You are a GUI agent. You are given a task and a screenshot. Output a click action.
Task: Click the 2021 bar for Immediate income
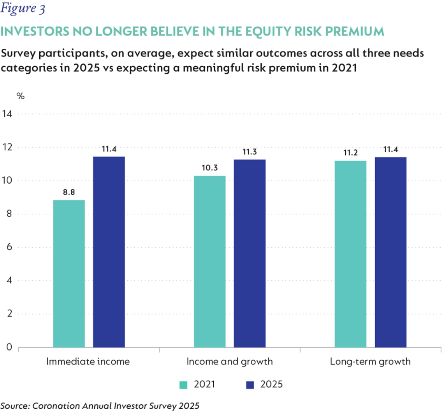69,274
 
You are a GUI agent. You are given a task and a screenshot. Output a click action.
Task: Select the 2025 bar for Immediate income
109,252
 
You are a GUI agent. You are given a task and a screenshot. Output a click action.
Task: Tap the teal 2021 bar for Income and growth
209,261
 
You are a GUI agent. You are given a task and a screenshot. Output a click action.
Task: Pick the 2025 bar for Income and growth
250,253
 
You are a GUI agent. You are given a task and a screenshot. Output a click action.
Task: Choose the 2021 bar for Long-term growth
350,254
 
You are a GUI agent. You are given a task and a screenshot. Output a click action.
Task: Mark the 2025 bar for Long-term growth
390,252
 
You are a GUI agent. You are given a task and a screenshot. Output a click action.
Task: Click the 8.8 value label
69,192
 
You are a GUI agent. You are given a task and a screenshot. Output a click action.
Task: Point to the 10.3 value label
209,168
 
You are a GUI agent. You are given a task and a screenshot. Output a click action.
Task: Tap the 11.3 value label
250,152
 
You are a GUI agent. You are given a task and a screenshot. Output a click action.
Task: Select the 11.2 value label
350,152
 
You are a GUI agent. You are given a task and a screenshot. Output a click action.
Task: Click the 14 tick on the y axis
7,114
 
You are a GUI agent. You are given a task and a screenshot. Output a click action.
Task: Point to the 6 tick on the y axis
9,247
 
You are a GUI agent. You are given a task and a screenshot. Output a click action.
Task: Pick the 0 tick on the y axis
9,347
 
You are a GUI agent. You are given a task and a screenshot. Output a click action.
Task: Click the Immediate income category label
88,361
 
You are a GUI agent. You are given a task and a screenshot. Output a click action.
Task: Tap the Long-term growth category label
370,361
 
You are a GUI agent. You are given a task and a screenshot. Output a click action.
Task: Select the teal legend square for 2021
183,385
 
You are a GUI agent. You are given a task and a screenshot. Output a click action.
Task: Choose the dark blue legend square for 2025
250,385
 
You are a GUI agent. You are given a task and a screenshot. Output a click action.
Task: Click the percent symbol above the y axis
20,96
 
